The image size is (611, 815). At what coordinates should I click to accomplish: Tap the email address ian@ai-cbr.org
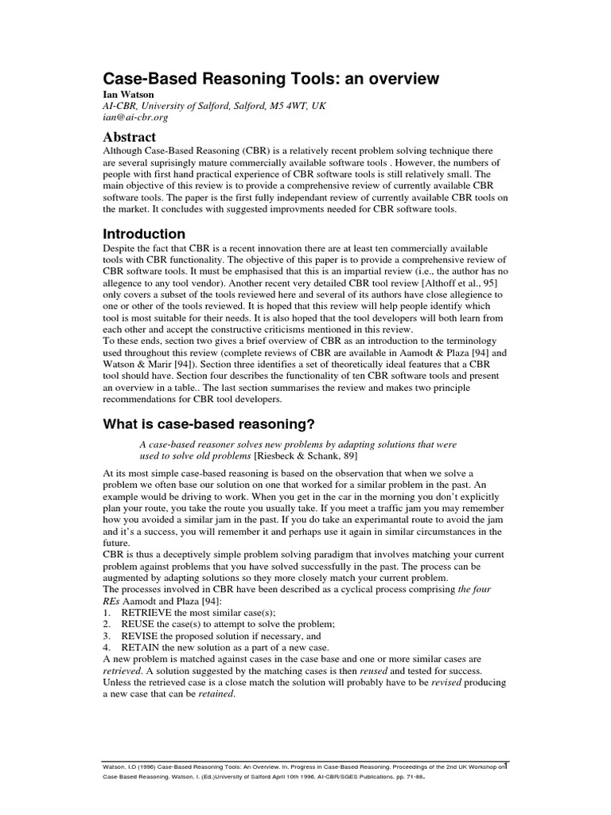tap(136, 117)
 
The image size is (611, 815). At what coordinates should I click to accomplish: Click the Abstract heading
tap(130, 137)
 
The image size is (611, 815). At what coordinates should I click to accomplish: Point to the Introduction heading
tap(144, 234)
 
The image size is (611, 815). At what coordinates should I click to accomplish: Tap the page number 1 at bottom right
tap(507, 766)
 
